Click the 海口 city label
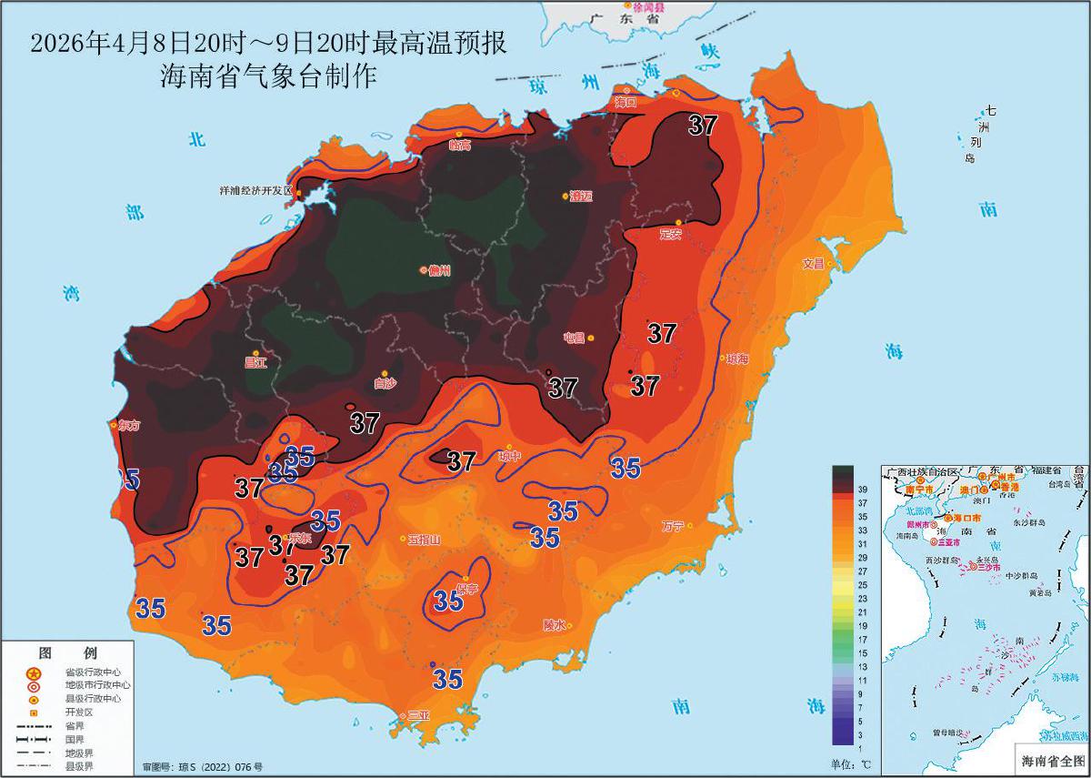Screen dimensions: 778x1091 tap(626, 101)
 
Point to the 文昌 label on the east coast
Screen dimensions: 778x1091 tap(813, 264)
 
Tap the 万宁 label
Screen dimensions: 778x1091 tap(673, 526)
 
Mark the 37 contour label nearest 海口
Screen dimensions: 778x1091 tap(703, 126)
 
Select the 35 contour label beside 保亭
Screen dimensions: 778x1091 tap(448, 601)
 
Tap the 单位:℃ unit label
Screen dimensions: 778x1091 tap(850, 763)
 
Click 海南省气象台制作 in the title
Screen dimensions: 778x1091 tap(268, 76)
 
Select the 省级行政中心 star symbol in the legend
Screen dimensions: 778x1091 tap(34, 673)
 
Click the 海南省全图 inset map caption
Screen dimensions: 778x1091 tap(1052, 760)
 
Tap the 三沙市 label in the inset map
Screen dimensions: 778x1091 tap(988, 567)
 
